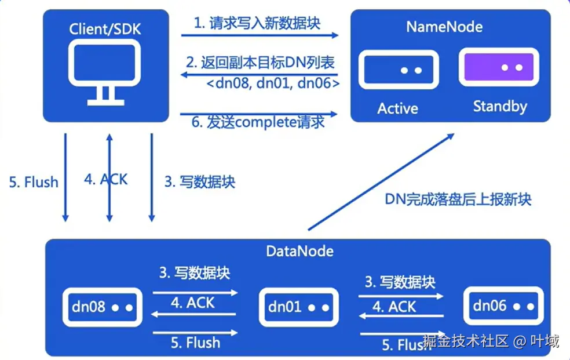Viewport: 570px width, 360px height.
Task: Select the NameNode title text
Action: pos(444,27)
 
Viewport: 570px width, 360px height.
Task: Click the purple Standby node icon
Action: pos(496,68)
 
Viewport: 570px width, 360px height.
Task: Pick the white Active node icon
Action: pos(397,70)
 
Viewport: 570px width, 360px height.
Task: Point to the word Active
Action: pos(397,108)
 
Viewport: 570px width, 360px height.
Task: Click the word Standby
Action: pos(500,107)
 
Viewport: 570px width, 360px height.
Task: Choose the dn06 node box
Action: pos(504,306)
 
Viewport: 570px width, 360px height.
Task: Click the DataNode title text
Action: pos(299,251)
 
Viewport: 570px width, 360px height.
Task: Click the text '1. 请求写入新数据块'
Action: pos(257,23)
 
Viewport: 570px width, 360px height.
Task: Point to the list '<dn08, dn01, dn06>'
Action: pos(273,83)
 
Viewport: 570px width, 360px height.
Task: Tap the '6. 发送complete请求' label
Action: pos(258,123)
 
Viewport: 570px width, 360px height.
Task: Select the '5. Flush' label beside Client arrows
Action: pos(34,182)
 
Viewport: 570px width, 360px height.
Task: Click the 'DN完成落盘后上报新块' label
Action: pos(458,199)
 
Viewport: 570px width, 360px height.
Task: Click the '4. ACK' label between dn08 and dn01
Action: pos(192,303)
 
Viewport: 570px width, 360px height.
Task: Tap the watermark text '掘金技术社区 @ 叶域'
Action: pos(491,341)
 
